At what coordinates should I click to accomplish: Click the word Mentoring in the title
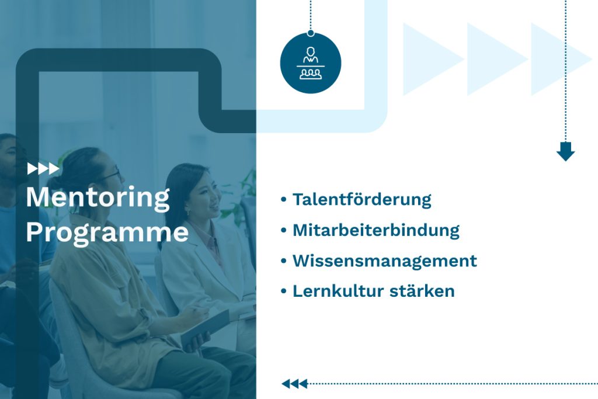click(98, 199)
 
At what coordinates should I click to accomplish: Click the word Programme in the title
click(107, 233)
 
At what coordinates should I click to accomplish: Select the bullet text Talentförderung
click(361, 200)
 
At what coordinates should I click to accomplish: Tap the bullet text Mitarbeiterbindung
click(376, 230)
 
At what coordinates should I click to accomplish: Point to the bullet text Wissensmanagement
click(384, 261)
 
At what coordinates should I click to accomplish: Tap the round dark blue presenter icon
click(311, 63)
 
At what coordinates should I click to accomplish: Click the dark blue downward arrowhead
click(565, 151)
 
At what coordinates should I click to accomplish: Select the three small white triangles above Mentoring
click(43, 169)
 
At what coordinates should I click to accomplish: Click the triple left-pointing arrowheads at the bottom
click(294, 384)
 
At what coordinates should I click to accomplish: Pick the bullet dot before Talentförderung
click(283, 200)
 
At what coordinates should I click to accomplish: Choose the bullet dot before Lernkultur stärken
click(283, 291)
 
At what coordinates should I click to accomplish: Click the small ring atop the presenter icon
click(311, 33)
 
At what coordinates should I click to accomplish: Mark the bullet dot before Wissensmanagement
click(283, 261)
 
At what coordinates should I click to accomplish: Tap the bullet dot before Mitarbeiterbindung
click(283, 230)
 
